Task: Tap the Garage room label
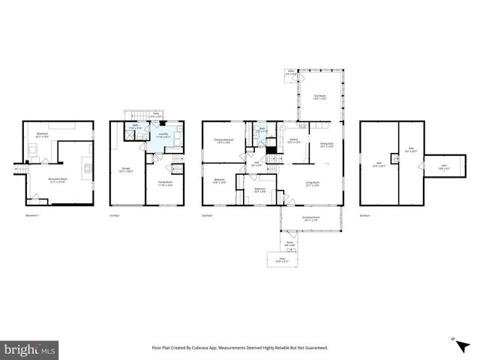click(x=126, y=170)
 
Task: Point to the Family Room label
click(x=165, y=183)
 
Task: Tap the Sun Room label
click(x=319, y=97)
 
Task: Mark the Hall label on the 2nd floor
click(x=256, y=163)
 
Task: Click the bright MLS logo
click(x=30, y=349)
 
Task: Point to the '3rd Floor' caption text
click(x=364, y=214)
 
